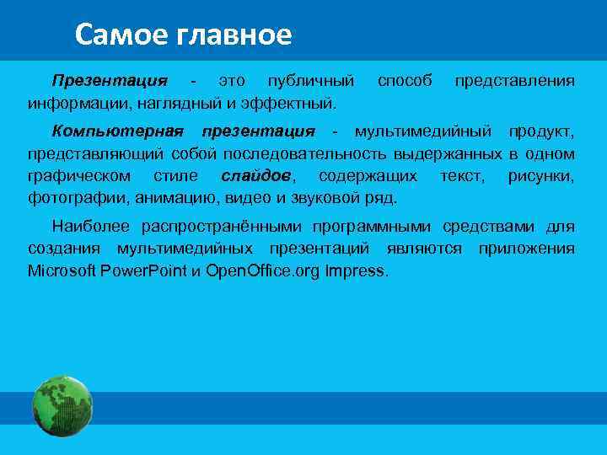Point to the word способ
[x=405, y=81]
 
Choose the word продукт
[x=541, y=131]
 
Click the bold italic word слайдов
[x=258, y=176]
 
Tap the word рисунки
[x=541, y=176]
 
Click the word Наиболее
[x=93, y=227]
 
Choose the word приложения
[x=526, y=249]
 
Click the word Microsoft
[x=62, y=271]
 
